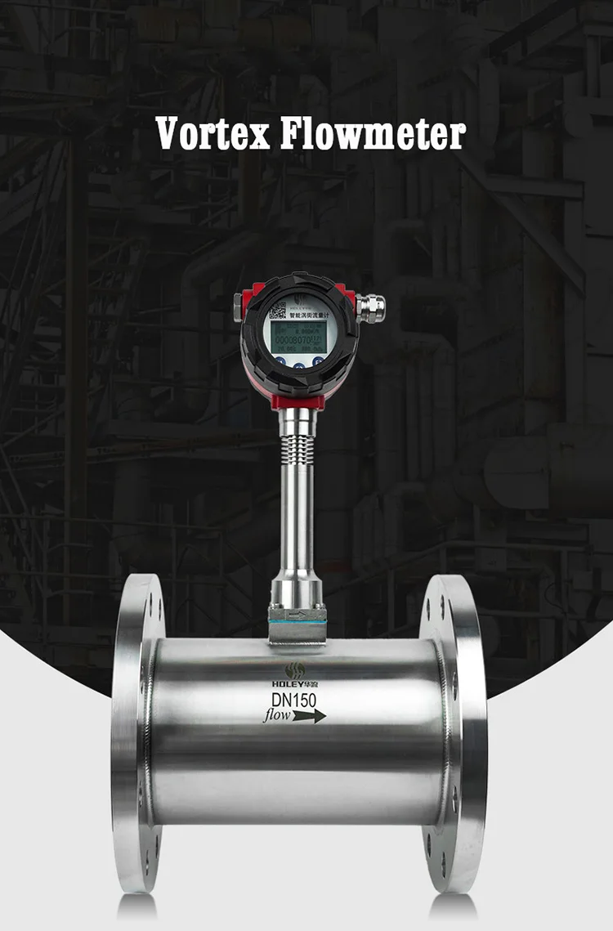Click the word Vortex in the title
[213, 133]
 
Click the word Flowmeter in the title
[373, 133]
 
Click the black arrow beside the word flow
[310, 716]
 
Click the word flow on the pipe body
[277, 717]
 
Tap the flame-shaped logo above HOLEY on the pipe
[293, 668]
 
